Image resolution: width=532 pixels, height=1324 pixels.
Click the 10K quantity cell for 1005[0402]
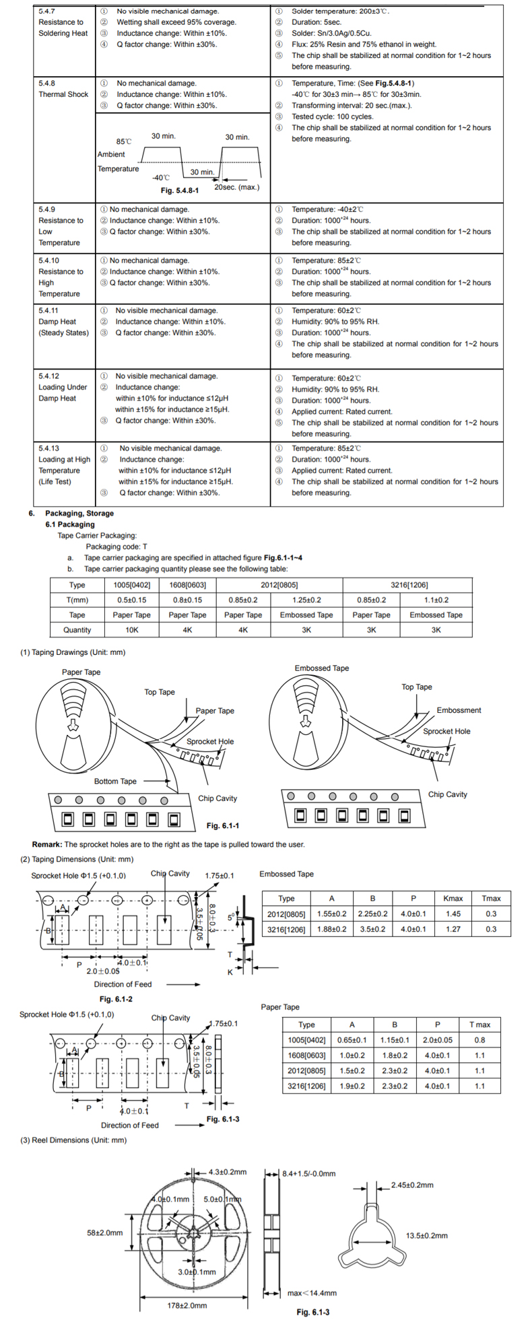click(132, 630)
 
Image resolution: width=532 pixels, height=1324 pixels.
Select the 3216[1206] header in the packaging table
click(409, 585)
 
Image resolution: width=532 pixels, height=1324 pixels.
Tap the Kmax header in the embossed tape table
click(453, 898)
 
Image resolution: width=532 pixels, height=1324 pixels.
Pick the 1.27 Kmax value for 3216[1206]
click(453, 929)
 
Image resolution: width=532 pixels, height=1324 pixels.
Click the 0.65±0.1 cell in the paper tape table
click(352, 1040)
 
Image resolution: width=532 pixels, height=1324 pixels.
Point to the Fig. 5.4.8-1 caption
click(180, 190)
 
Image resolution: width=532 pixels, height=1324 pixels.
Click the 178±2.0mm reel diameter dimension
click(187, 1305)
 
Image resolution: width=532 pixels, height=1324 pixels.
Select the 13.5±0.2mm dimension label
click(426, 1235)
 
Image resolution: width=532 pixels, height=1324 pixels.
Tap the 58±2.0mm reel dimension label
click(105, 1232)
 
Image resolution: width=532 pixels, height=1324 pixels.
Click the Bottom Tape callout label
click(115, 781)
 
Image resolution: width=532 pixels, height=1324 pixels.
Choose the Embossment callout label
click(459, 710)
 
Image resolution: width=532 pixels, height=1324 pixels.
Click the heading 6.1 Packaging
click(70, 524)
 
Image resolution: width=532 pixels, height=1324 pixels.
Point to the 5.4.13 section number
click(48, 448)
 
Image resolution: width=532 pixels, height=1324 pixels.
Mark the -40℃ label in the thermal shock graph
click(161, 178)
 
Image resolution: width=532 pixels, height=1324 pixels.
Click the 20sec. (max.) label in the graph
click(236, 187)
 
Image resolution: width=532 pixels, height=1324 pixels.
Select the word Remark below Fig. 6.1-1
click(46, 844)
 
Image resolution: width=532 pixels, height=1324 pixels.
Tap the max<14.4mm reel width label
click(312, 1292)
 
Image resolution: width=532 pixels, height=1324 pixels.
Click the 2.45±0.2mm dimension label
click(412, 1185)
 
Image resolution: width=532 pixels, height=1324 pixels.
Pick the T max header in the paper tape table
click(479, 1024)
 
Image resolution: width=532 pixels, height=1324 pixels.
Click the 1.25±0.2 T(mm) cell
click(306, 600)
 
